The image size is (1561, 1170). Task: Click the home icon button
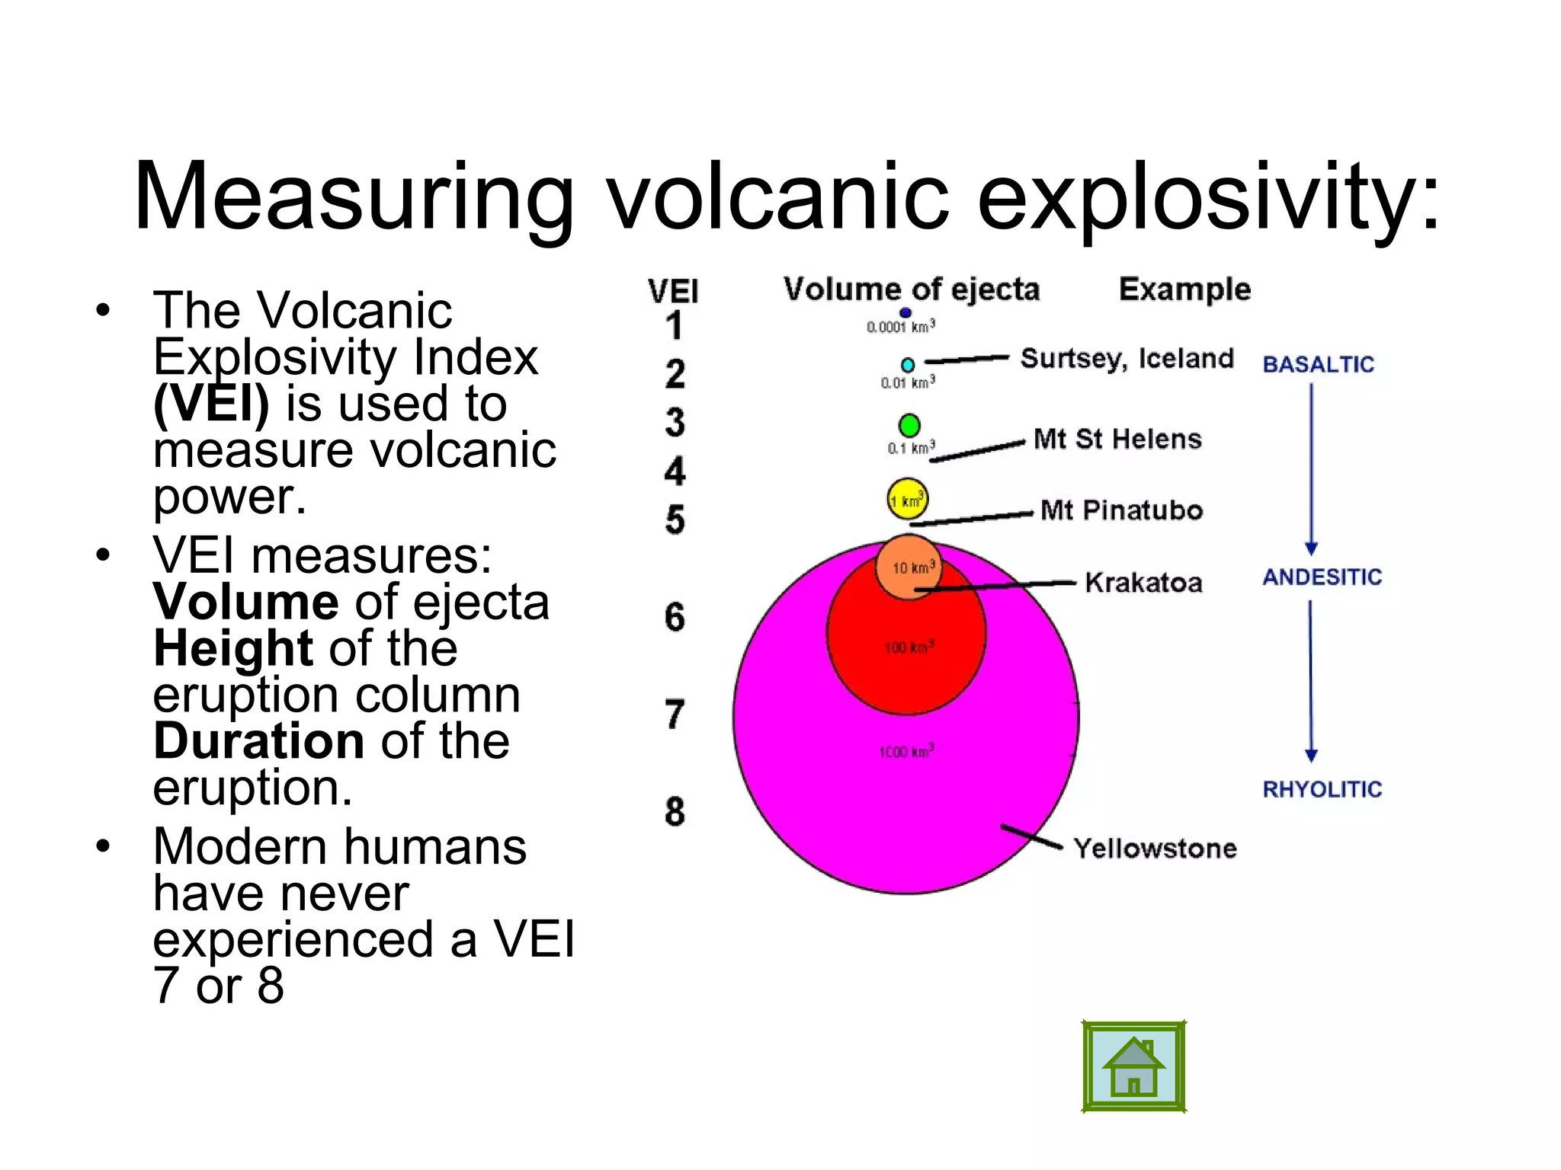tap(1133, 1067)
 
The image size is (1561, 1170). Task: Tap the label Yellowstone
tap(1155, 849)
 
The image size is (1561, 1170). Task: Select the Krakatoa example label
tap(1143, 583)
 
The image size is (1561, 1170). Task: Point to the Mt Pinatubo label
tap(1121, 510)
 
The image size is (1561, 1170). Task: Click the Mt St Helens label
tap(1117, 440)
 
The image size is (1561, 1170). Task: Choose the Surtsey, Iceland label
tap(1127, 359)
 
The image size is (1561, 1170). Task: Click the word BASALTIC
tap(1318, 365)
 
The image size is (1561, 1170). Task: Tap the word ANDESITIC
tap(1322, 577)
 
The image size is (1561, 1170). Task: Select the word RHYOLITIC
tap(1322, 790)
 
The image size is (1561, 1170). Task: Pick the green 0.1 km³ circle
tap(909, 425)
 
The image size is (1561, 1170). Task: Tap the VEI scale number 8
tap(675, 812)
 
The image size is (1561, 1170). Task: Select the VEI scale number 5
tap(675, 520)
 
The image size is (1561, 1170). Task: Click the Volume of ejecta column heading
tap(912, 290)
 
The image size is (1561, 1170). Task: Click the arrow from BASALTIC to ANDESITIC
tap(1311, 468)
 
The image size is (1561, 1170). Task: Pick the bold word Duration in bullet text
tap(258, 741)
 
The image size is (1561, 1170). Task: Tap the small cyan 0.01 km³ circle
tap(908, 366)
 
